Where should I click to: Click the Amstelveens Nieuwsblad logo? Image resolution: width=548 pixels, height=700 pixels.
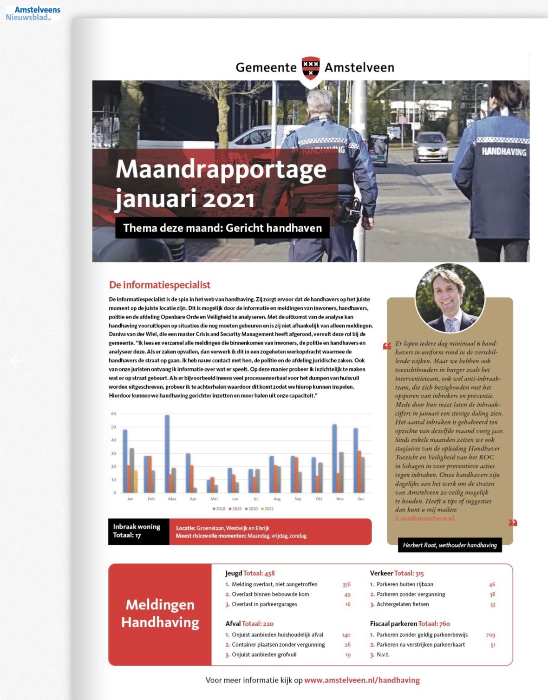[33, 13]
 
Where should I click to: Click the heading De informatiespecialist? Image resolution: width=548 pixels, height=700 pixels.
[159, 285]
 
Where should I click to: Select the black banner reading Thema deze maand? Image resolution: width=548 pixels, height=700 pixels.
[222, 228]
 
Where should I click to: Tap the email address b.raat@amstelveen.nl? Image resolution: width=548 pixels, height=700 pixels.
[425, 518]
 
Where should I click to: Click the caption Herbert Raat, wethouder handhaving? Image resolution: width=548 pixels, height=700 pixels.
[450, 545]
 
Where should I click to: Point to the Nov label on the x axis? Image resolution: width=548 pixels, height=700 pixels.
[340, 499]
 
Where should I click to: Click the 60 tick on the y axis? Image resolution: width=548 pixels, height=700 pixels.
[114, 414]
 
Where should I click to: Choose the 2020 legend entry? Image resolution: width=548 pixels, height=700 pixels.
[251, 509]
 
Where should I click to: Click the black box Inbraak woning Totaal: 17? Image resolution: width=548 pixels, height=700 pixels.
[138, 531]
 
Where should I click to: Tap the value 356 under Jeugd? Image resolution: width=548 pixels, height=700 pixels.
[346, 585]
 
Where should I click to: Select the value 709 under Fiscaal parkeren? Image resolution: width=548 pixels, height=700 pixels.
[490, 635]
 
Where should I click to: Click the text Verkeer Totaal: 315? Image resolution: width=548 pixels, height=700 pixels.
[397, 573]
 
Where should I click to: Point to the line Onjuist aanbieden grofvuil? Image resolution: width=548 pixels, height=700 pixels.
[264, 654]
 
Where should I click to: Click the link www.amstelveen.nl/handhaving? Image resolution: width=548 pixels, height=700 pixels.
[362, 680]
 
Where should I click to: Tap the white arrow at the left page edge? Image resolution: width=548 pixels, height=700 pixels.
[16, 361]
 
